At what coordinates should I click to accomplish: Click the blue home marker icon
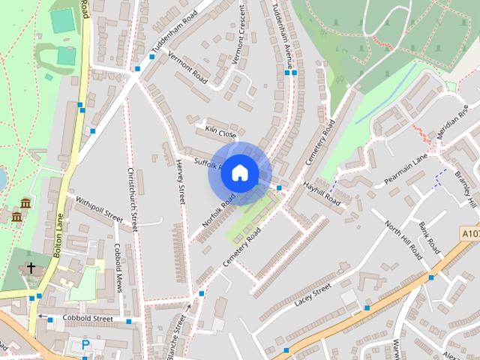coord(239,173)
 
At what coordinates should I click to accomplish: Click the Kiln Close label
coord(220,130)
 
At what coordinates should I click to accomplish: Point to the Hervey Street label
coord(181,182)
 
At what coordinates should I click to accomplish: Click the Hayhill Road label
coord(322,193)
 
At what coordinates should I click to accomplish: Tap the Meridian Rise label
coord(452,122)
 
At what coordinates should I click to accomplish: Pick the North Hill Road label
coord(403,240)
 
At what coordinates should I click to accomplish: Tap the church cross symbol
coord(31,267)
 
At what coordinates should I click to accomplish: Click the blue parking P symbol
coord(85,344)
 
